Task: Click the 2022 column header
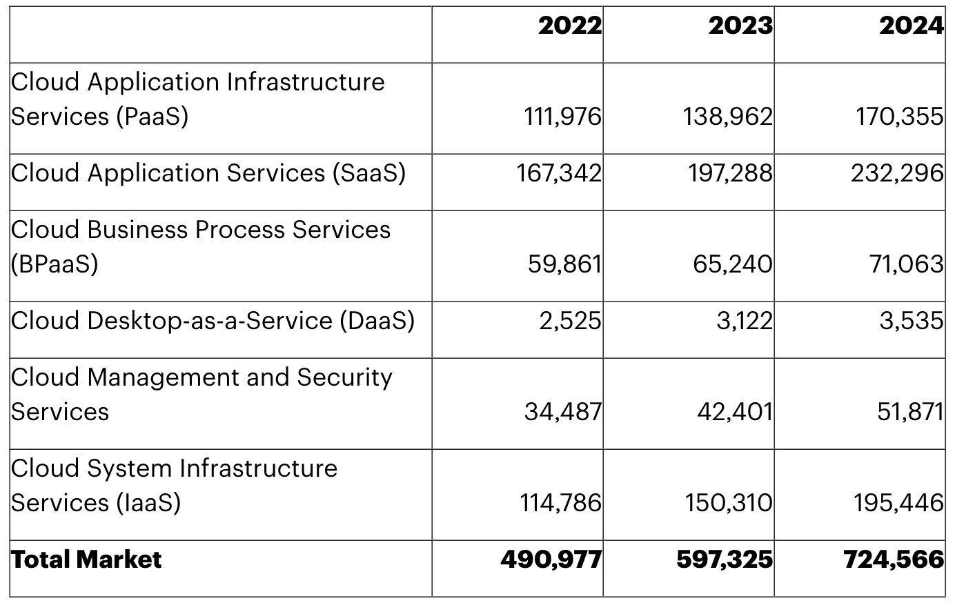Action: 570,26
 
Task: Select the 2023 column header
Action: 740,26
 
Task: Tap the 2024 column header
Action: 911,26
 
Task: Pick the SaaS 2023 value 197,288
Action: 730,173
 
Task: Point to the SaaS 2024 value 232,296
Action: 897,173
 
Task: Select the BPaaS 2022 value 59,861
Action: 564,264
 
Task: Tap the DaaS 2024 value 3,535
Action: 911,321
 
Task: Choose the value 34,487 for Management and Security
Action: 562,412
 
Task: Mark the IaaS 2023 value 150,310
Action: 729,503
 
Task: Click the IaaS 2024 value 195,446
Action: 898,503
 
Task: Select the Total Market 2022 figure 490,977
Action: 551,560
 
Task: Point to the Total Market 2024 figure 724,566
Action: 894,560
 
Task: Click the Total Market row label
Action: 86,560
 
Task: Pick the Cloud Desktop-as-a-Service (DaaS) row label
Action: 213,321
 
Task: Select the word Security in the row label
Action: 344,377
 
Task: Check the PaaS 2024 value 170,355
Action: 899,117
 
